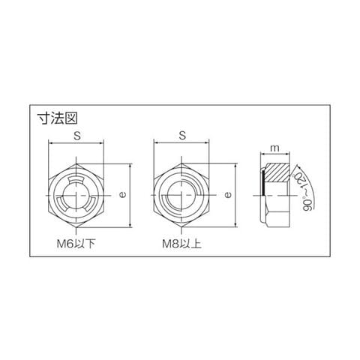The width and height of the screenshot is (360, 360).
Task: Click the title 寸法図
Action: (x=57, y=118)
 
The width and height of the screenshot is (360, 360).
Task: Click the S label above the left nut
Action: (x=77, y=136)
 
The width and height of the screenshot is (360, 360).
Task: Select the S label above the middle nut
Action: (x=183, y=136)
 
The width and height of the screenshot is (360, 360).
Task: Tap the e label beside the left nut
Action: (x=123, y=194)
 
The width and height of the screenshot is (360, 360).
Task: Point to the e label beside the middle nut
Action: (x=228, y=194)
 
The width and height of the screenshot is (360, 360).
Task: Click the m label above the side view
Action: (x=274, y=148)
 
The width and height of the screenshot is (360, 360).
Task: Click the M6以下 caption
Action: (x=76, y=244)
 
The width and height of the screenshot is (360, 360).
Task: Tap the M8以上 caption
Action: (x=181, y=244)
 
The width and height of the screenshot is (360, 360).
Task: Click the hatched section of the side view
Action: (x=277, y=172)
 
